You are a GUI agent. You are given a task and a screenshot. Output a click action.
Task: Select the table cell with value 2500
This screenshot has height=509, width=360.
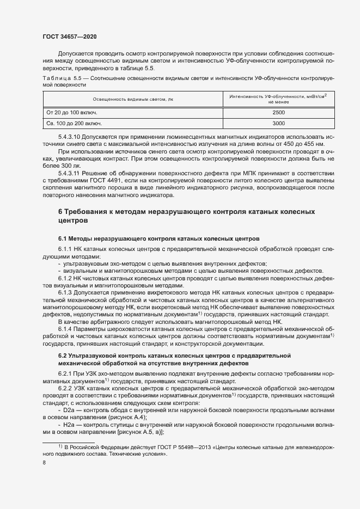pos(278,112)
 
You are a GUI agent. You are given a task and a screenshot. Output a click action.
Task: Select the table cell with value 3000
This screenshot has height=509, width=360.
pos(278,123)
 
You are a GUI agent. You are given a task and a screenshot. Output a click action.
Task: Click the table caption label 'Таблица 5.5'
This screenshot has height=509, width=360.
pos(61,79)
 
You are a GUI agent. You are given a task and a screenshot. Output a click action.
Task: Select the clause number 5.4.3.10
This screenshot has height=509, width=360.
pos(70,136)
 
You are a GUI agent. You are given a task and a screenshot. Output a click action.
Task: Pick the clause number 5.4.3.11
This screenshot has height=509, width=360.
pos(70,171)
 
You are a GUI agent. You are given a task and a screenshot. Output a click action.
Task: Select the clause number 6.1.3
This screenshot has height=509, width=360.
pos(65,293)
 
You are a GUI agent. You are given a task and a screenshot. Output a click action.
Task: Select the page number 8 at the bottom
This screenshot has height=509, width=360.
pos(44,463)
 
